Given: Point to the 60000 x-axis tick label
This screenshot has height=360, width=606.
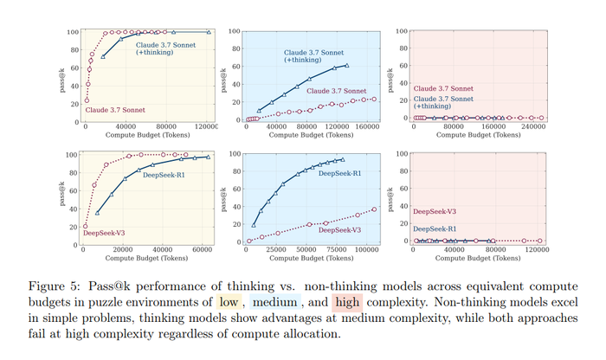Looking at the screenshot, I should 200,249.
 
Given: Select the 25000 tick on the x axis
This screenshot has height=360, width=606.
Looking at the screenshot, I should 276,249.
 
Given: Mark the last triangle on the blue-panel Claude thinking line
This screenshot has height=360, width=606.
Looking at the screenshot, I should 347,65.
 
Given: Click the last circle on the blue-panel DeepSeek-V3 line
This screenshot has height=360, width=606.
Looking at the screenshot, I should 374,209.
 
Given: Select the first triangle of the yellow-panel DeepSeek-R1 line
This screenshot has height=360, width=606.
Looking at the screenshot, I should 97,212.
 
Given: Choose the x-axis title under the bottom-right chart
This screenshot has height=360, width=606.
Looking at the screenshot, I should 477,258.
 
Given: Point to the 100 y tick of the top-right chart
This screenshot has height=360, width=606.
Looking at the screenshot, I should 403,31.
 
